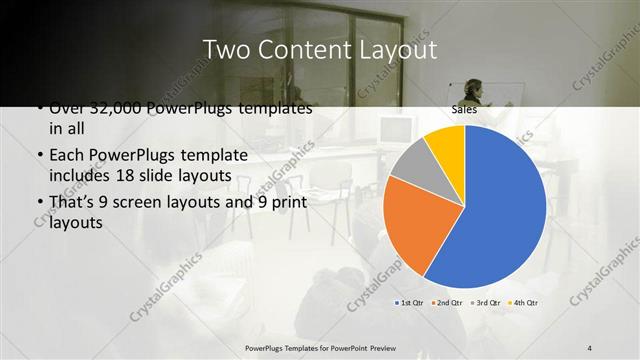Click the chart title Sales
464,110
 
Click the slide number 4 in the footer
590,347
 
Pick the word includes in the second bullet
83,176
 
